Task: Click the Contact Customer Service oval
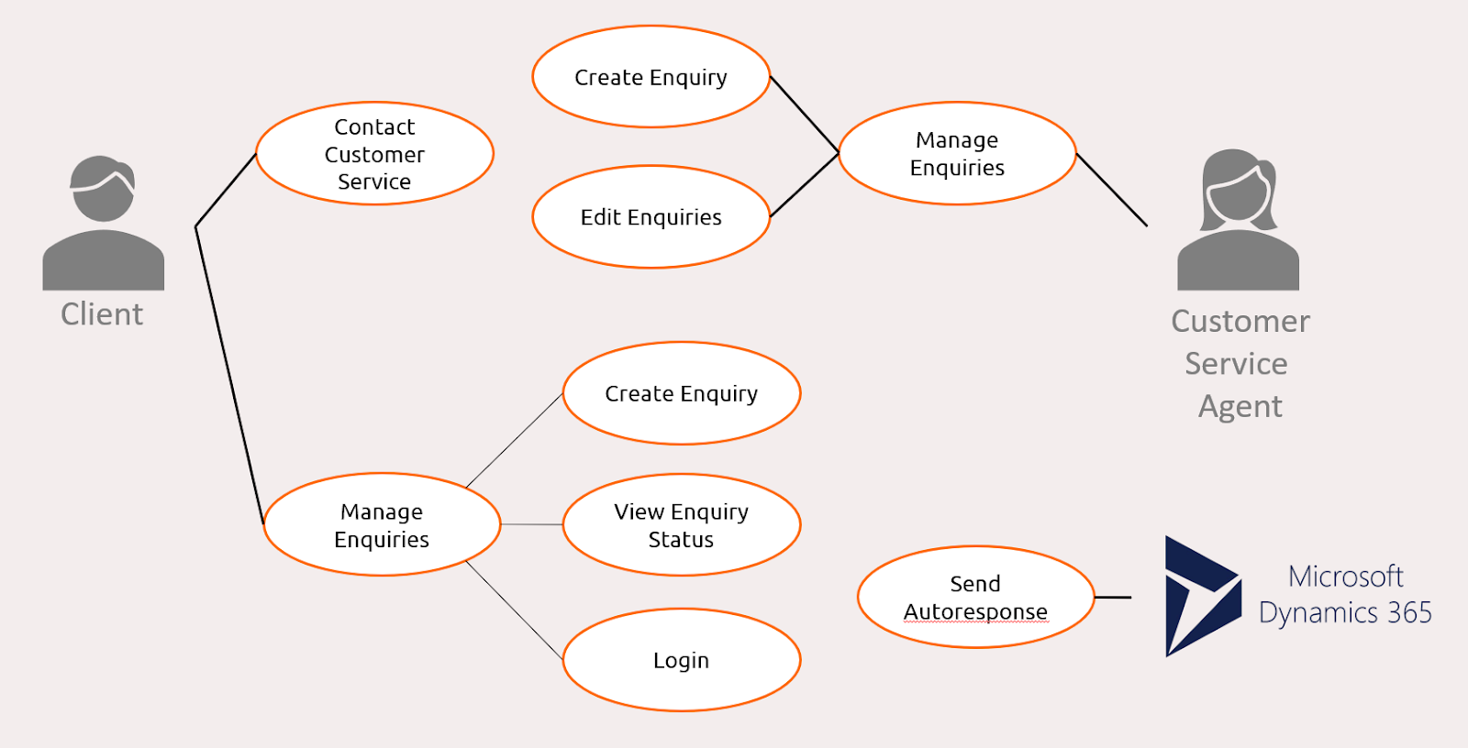[x=374, y=153]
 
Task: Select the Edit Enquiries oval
[x=651, y=217]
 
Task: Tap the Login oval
[x=681, y=660]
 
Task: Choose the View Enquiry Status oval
[x=681, y=524]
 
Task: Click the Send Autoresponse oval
[x=975, y=597]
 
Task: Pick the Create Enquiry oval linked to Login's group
[x=681, y=393]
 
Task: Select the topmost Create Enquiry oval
[x=651, y=77]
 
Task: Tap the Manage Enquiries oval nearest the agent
[x=957, y=153]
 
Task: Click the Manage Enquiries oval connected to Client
[x=382, y=524]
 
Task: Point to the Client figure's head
[x=103, y=188]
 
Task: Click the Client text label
[x=102, y=314]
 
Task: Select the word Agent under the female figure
[x=1240, y=406]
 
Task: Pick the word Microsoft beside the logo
[x=1345, y=577]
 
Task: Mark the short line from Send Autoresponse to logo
[x=1113, y=597]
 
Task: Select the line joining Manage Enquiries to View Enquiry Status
[x=531, y=524]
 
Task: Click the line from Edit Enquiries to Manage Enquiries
[x=804, y=185]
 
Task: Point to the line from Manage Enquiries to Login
[x=514, y=610]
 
